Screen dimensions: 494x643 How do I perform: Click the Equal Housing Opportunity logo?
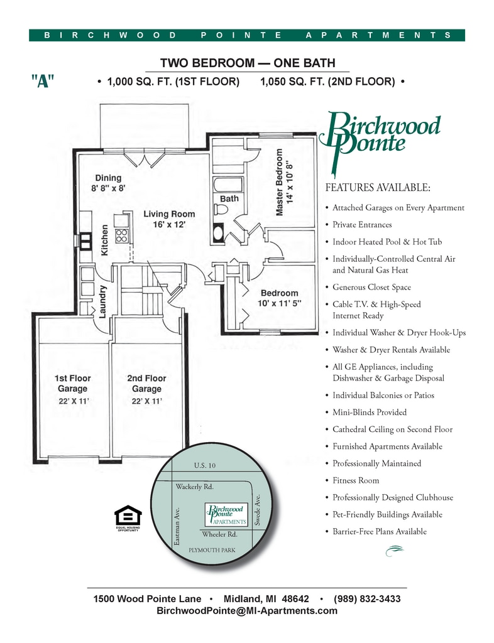pos(128,518)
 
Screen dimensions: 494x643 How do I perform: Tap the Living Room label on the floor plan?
pos(169,214)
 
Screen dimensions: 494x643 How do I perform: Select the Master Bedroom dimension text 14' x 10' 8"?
pos(290,182)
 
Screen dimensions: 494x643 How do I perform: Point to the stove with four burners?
pos(121,235)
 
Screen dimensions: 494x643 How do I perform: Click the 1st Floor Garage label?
pos(73,384)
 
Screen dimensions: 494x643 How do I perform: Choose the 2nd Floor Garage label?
pos(146,384)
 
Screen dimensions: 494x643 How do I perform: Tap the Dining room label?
pos(108,178)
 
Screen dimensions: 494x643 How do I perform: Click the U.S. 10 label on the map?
pos(205,465)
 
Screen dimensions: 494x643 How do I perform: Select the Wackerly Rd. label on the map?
pos(194,487)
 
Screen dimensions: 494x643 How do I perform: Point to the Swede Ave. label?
pos(258,510)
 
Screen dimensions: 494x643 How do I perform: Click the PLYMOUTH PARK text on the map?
pos(212,550)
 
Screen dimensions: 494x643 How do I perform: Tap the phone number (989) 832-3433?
pos(367,598)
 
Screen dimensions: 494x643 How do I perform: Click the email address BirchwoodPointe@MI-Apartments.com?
pos(247,610)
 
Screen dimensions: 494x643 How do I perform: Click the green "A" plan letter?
pos(43,81)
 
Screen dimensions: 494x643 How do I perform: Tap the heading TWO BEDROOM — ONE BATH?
pos(248,63)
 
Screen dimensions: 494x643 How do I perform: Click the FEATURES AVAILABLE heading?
pos(378,187)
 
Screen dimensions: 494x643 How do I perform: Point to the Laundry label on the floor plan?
pos(102,301)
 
